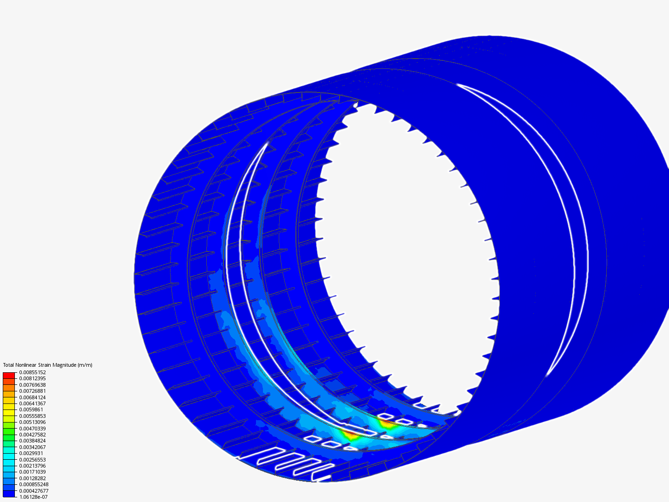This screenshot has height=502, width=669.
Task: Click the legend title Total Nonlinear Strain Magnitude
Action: pos(40,365)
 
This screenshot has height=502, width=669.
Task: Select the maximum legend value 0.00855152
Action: pos(33,372)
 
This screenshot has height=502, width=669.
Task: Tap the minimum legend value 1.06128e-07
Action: pos(33,497)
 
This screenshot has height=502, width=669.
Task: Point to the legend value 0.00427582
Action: pos(33,435)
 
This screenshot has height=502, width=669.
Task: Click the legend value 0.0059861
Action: pos(31,410)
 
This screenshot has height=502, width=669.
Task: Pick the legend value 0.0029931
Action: pos(31,453)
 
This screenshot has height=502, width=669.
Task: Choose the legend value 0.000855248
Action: pos(34,484)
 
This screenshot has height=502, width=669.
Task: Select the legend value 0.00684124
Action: pos(33,397)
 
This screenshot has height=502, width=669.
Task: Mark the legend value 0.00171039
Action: pos(33,472)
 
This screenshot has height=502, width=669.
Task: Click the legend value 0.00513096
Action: pos(33,422)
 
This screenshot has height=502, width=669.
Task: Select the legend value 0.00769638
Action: pos(33,385)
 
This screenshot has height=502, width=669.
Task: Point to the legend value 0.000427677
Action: pos(34,491)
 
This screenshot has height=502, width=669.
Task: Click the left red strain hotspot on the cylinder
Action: pos(350,436)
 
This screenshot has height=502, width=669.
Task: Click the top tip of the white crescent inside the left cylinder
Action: pos(267,143)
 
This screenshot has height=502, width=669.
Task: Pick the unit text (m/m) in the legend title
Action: pos(85,365)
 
